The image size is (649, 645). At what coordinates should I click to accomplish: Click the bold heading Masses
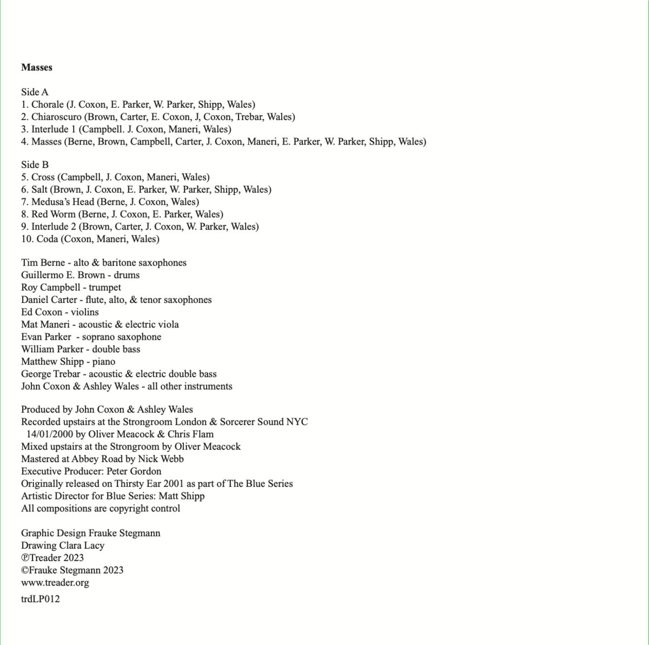tap(37, 68)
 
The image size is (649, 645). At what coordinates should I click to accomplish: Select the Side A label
tap(35, 92)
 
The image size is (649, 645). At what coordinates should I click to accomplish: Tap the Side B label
tap(35, 164)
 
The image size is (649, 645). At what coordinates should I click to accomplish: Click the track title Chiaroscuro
tap(56, 117)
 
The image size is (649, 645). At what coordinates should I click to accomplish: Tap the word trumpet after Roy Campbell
tap(105, 287)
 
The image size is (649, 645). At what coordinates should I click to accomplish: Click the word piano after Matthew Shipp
tap(104, 361)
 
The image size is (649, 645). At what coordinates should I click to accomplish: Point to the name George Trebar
tap(52, 374)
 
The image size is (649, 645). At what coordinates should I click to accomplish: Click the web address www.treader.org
tap(55, 583)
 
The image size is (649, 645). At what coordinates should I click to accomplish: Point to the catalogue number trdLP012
tap(41, 599)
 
